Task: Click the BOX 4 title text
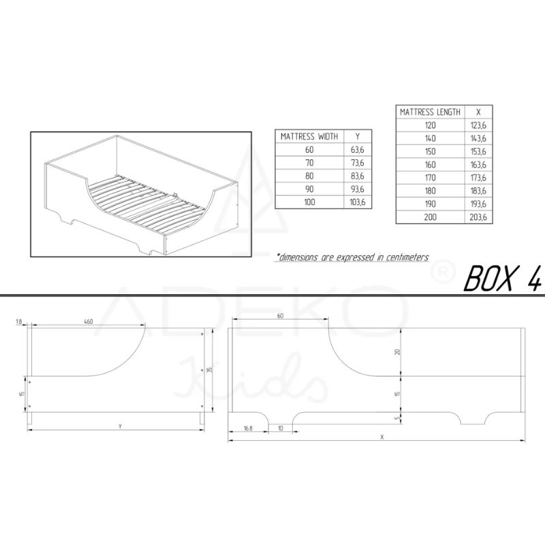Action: (503, 278)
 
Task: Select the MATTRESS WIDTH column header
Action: (309, 136)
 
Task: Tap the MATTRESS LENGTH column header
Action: (430, 112)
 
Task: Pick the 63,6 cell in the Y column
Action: (357, 150)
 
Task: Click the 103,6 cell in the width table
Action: (357, 202)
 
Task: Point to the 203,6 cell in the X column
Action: (478, 217)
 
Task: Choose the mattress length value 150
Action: (430, 151)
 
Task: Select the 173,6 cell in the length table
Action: (478, 178)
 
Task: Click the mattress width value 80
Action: (309, 176)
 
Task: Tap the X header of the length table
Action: (478, 112)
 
